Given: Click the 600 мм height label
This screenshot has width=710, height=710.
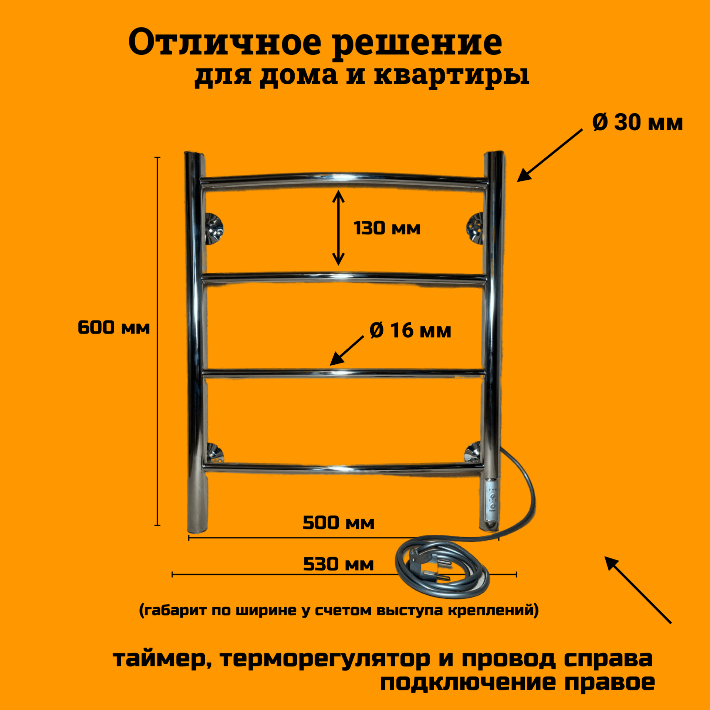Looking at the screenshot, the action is coord(114,328).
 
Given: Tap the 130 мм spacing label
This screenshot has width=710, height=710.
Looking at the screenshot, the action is coord(387,228).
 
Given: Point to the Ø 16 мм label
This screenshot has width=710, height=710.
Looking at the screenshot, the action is coord(410,330).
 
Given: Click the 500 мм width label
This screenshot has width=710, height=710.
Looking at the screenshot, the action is coord(338,523).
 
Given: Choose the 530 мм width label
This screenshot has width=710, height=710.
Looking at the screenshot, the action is coord(338,564).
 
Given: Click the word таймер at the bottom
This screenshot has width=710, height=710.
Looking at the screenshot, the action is coord(162,659).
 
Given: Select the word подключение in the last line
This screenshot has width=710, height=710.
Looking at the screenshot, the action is coord(468,683).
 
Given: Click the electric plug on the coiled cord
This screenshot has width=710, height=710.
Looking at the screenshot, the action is coord(429,569).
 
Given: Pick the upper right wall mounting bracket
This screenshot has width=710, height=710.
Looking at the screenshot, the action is coord(475,227).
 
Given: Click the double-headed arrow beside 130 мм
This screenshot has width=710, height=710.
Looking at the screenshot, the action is coord(338,228).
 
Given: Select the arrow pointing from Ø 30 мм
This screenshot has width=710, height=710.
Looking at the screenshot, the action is coord(549,156).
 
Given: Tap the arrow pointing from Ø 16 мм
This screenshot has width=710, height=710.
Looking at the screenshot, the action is coord(346,350).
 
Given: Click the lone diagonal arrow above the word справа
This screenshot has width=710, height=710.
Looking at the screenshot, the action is coord(638,591).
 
